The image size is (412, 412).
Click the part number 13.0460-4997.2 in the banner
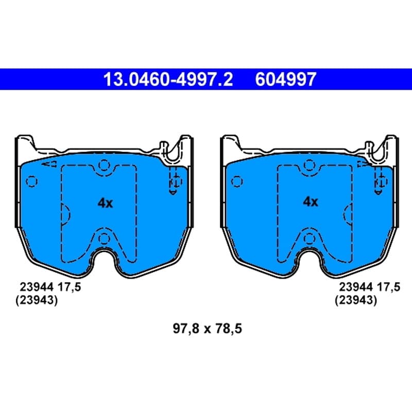pos(168,79)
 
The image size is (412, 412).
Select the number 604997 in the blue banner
pos(286,79)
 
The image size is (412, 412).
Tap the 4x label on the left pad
pos(105,203)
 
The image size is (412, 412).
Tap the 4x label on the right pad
pos(311,202)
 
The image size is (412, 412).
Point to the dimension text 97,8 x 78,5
pos(208,329)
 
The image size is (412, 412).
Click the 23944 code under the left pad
pos(37,287)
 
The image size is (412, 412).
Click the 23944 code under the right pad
pos(356,287)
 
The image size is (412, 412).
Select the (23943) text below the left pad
pos(37,300)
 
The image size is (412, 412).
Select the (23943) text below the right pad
pos(356,300)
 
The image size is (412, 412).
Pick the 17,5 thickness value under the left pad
pos(70,287)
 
